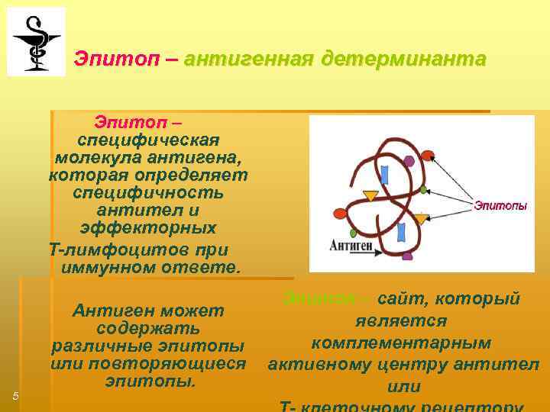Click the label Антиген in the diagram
351,246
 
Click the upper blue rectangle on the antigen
385,174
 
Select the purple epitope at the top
409,161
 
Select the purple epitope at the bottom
407,256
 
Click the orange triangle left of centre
370,195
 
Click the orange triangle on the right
421,219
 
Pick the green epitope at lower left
353,232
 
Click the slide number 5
15,394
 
